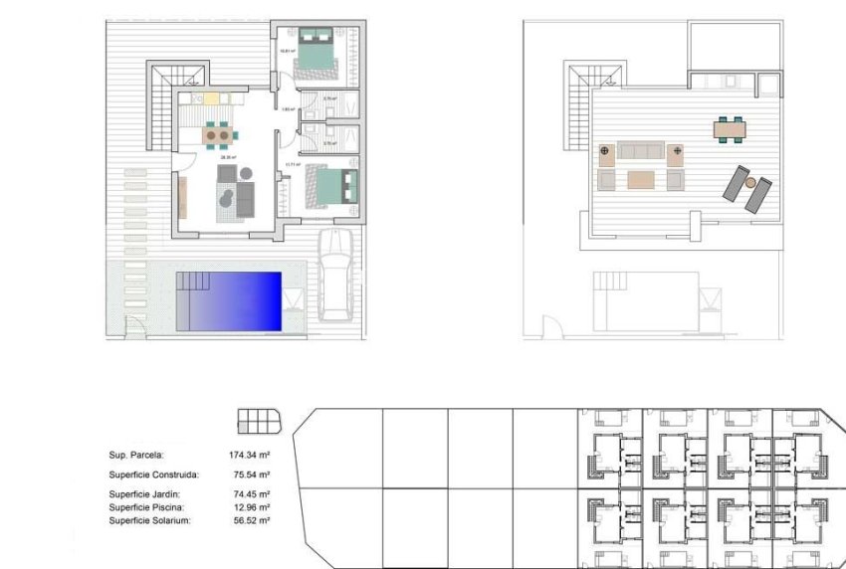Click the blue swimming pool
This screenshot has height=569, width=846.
coord(230,301)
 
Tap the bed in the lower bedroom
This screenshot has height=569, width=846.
coord(326,185)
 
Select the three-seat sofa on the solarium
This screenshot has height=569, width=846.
coord(641,151)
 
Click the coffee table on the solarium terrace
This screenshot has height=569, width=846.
coord(641,180)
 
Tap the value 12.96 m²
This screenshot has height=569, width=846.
coord(252,507)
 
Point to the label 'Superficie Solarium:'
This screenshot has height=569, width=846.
coord(149,520)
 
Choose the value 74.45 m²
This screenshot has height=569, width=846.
coord(252,494)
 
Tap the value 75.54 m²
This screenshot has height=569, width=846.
coord(252,474)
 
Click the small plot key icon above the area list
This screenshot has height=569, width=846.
coord(256,421)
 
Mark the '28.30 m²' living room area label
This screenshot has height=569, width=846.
coord(227,157)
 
